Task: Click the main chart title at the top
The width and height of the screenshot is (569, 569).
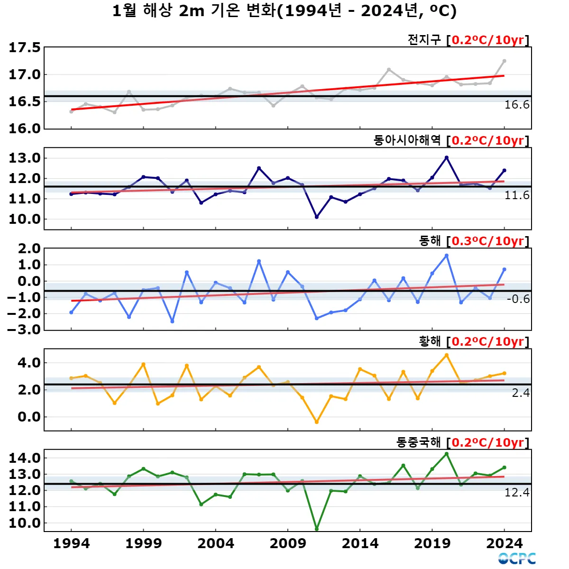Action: pos(284,10)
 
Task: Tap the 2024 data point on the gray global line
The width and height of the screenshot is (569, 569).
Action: pos(504,61)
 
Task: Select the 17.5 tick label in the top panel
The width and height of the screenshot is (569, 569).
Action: pos(25,47)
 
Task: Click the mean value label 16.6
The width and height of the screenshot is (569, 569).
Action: pos(517,105)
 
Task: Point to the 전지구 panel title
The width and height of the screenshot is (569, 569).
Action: pos(424,40)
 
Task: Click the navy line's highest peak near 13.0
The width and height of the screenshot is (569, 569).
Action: pos(446,158)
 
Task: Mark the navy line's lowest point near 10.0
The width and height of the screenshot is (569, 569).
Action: pos(317,217)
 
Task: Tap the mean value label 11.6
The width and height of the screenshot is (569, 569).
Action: pos(517,195)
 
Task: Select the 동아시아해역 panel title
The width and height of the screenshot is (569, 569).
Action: pos(407,140)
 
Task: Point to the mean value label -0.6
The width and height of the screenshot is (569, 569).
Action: pos(518,299)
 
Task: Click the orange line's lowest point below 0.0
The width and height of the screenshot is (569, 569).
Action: pos(317,422)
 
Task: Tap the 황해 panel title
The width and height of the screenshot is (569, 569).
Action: pos(430,341)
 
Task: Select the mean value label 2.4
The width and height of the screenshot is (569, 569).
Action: pos(521,393)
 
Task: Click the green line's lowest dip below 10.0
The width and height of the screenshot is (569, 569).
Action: pos(317,529)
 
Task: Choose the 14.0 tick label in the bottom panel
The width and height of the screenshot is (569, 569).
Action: pos(25,458)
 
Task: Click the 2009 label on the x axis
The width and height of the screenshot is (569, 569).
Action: pos(288,543)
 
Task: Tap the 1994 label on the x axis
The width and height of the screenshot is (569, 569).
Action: pos(72,543)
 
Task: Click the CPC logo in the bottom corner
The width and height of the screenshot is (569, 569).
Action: pos(517,559)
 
